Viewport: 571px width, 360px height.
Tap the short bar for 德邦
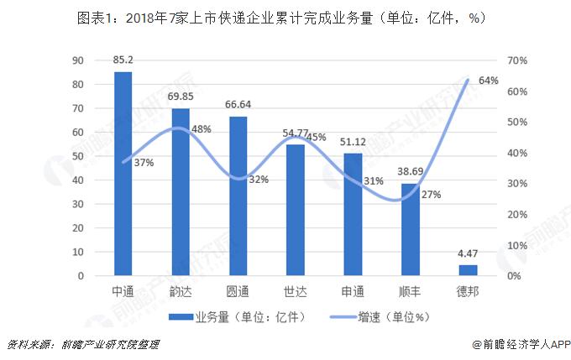pyautogui.click(x=468, y=270)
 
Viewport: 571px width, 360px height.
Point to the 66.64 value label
pyautogui.click(x=238, y=105)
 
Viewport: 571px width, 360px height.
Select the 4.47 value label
pyautogui.click(x=468, y=253)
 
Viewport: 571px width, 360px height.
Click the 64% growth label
pyautogui.click(x=489, y=81)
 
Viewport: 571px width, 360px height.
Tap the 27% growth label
pyautogui.click(x=432, y=195)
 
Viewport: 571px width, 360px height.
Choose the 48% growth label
pyautogui.click(x=202, y=129)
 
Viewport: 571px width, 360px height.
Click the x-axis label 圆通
pyautogui.click(x=238, y=291)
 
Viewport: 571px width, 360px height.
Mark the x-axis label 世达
pyautogui.click(x=296, y=291)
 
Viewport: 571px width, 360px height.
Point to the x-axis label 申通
pyautogui.click(x=353, y=291)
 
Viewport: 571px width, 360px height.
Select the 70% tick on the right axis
pyautogui.click(x=517, y=60)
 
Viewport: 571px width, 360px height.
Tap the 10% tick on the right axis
pyautogui.click(x=517, y=245)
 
